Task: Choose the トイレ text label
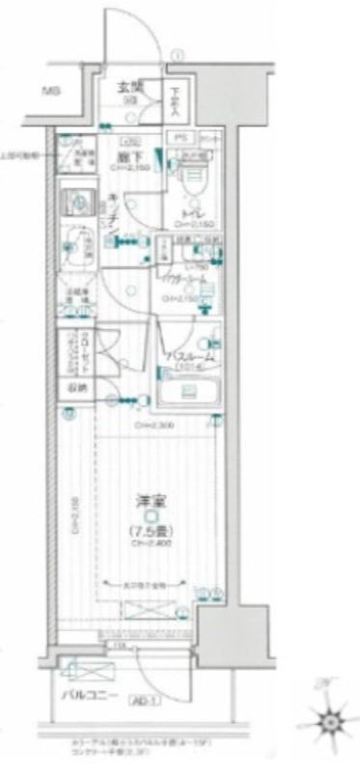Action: [x=193, y=217]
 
